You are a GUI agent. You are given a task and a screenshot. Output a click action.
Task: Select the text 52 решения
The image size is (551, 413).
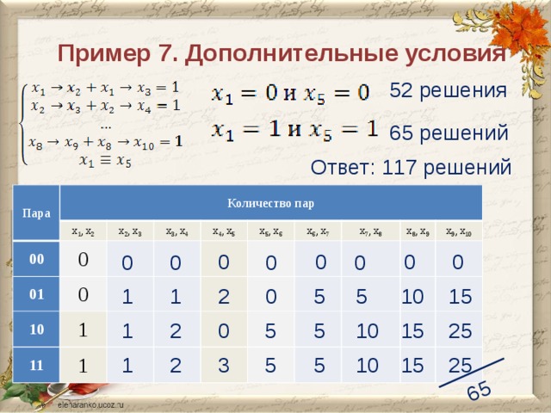coord(448,89)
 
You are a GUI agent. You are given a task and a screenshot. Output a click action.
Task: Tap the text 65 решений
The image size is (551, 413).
coord(448,133)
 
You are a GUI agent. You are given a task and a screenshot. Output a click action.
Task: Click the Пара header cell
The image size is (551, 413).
coord(35,211)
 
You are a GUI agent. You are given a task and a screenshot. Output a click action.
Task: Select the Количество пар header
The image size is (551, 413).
coord(270,204)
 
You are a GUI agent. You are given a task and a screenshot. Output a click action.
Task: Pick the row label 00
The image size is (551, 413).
coord(37,259)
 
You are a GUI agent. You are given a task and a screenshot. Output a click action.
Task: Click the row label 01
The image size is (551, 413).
coord(37,295)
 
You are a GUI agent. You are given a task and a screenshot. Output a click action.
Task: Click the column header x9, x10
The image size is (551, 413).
coord(455,231)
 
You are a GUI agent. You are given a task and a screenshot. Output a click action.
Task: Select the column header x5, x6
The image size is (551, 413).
coord(271,231)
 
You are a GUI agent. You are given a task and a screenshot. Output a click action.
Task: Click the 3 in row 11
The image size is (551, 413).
coord(223,367)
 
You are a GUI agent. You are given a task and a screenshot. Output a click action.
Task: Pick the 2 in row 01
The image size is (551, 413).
coord(223,298)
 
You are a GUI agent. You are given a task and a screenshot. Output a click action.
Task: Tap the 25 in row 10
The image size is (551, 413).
coord(458,330)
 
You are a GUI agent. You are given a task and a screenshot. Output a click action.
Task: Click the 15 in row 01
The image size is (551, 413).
coord(460,297)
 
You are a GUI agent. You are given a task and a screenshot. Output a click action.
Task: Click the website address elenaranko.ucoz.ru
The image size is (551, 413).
coord(91,403)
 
